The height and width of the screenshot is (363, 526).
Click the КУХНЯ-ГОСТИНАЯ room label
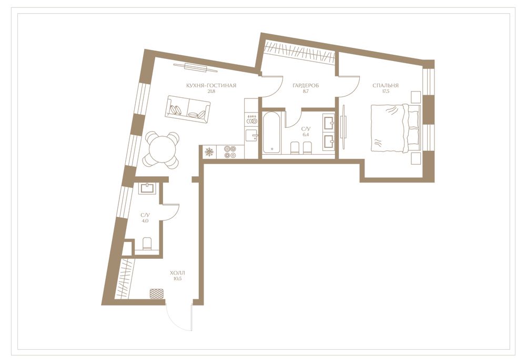point(211,86)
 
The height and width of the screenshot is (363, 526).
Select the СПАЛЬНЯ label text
point(386,86)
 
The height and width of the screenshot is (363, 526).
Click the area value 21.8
point(211,91)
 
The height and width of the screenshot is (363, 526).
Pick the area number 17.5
point(386,91)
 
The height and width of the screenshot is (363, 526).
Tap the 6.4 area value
point(305,134)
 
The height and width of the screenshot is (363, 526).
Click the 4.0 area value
point(145,221)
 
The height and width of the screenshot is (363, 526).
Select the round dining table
point(161,149)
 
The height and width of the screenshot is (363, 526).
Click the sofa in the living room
point(188,109)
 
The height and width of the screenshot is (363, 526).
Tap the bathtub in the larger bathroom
point(272,132)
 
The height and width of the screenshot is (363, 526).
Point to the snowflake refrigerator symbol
point(209,152)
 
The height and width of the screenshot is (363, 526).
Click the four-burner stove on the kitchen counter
point(229,152)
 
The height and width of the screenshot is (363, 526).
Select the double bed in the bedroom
point(395,128)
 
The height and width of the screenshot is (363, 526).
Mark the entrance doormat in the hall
point(156,294)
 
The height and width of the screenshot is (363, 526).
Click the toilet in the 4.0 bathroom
point(147,244)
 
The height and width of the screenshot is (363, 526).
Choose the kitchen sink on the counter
point(251,136)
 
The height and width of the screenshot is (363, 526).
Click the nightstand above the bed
point(416,97)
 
